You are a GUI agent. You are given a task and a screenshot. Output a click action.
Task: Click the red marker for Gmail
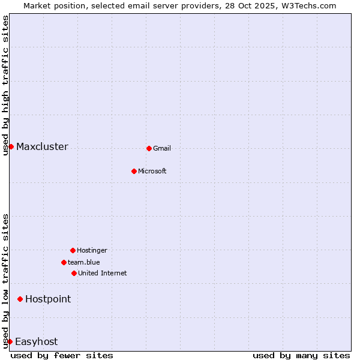click(x=149, y=148)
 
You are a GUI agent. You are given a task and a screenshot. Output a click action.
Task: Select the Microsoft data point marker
click(x=134, y=171)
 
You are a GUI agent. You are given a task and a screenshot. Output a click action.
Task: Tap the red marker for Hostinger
click(x=73, y=250)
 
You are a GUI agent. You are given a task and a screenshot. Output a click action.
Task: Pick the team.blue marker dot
click(x=64, y=262)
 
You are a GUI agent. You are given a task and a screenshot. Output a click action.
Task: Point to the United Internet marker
click(x=74, y=273)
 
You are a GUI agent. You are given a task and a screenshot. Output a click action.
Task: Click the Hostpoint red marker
click(x=20, y=299)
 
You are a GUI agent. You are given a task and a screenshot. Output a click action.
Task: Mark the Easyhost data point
click(x=10, y=341)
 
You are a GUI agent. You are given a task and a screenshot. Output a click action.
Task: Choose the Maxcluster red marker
click(x=11, y=146)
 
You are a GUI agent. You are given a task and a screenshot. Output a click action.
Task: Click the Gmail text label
click(x=162, y=149)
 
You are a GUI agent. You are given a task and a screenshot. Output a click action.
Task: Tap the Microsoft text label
click(x=152, y=172)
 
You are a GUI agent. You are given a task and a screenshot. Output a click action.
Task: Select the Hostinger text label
click(x=92, y=251)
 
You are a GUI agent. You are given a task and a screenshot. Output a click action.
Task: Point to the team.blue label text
click(x=84, y=263)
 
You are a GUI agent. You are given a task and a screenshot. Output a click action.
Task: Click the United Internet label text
click(x=103, y=274)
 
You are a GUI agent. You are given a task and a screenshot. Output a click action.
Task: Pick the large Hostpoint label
click(x=48, y=299)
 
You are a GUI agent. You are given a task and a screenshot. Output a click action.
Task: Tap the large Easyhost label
click(x=37, y=342)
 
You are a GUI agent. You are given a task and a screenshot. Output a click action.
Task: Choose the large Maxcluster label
click(x=42, y=147)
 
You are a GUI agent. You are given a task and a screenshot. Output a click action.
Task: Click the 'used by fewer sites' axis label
click(x=62, y=355)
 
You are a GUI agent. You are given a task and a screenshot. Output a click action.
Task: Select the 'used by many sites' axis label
click(x=301, y=355)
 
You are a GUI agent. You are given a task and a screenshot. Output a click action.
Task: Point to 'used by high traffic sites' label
click(x=5, y=85)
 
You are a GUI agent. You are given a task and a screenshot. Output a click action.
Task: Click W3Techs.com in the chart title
click(x=306, y=5)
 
